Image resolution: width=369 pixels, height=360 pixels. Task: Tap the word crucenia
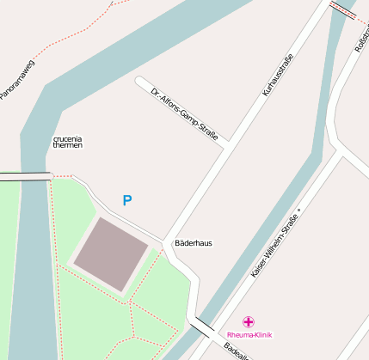pyautogui.click(x=68, y=138)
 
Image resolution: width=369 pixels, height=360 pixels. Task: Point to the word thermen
pyautogui.click(x=68, y=146)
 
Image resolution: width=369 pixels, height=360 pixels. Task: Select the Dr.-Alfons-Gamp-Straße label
pyautogui.click(x=183, y=113)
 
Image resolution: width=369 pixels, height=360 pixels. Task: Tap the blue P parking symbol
pyautogui.click(x=127, y=201)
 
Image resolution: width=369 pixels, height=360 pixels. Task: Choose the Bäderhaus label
pyautogui.click(x=194, y=243)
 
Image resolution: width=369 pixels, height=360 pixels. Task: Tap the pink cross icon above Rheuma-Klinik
pyautogui.click(x=249, y=321)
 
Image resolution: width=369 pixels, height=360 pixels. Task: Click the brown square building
pyautogui.click(x=110, y=253)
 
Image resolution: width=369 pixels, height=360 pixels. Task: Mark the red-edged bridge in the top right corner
pyautogui.click(x=342, y=9)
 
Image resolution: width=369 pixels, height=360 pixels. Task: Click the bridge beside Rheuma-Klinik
pyautogui.click(x=204, y=326)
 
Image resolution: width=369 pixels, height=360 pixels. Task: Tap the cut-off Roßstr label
pyautogui.click(x=361, y=40)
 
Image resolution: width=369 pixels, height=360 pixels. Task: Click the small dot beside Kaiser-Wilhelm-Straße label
pyautogui.click(x=299, y=209)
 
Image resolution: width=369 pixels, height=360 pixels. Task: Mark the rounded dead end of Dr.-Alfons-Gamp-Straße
pyautogui.click(x=139, y=82)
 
